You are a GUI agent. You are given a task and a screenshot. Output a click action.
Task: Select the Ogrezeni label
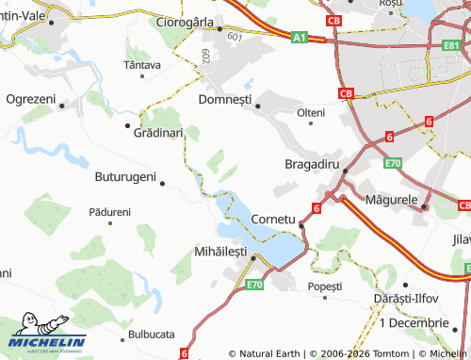pos(31,99)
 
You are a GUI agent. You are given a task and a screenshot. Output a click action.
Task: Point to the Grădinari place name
pos(158,134)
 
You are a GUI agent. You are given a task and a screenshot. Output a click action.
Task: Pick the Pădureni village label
pos(109,213)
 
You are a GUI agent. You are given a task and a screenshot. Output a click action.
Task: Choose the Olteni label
pos(311,112)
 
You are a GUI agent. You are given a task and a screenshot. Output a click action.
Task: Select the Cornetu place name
pos(274,220)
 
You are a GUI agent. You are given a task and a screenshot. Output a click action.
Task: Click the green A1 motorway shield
pos(299,37)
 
